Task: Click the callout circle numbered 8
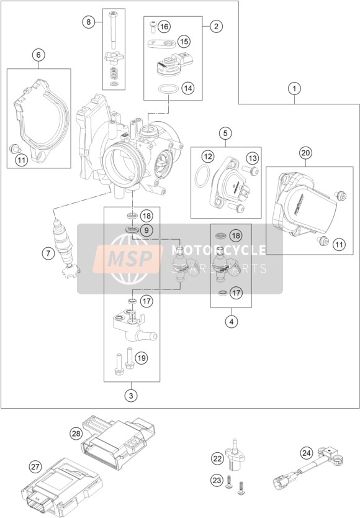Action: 88,22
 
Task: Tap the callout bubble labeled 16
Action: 164,27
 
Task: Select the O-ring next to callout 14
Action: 167,89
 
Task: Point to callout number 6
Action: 38,55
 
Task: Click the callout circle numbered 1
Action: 294,89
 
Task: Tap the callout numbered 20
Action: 305,153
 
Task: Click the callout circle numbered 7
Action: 48,253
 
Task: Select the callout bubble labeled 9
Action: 146,230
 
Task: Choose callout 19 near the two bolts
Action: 141,358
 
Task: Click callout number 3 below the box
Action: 131,396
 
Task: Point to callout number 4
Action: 231,322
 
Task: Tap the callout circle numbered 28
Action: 76,433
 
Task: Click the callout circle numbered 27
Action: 35,467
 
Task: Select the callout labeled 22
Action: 218,458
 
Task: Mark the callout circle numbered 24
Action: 307,453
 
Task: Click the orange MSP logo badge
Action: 127,258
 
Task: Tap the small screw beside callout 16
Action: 152,27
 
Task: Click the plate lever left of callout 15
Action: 161,43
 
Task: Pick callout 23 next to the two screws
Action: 217,480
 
